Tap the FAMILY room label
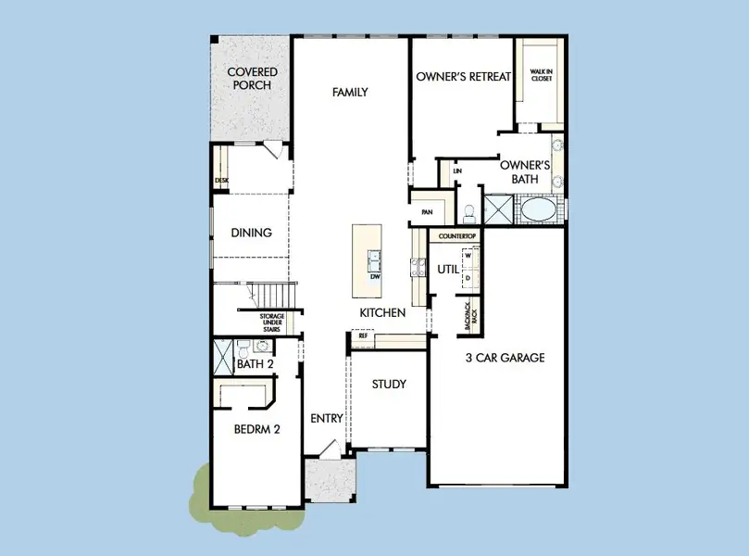pyautogui.click(x=351, y=92)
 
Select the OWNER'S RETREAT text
pyautogui.click(x=463, y=77)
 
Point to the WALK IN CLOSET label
pyautogui.click(x=541, y=74)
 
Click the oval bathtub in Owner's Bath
pyautogui.click(x=538, y=210)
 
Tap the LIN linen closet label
pyautogui.click(x=457, y=171)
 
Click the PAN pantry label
pyautogui.click(x=427, y=212)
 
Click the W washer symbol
pyautogui.click(x=468, y=257)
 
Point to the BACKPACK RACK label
pyautogui.click(x=471, y=316)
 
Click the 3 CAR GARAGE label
pyautogui.click(x=504, y=358)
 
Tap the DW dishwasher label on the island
pyautogui.click(x=375, y=276)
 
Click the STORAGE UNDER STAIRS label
pyautogui.click(x=271, y=322)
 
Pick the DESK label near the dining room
pyautogui.click(x=221, y=181)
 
